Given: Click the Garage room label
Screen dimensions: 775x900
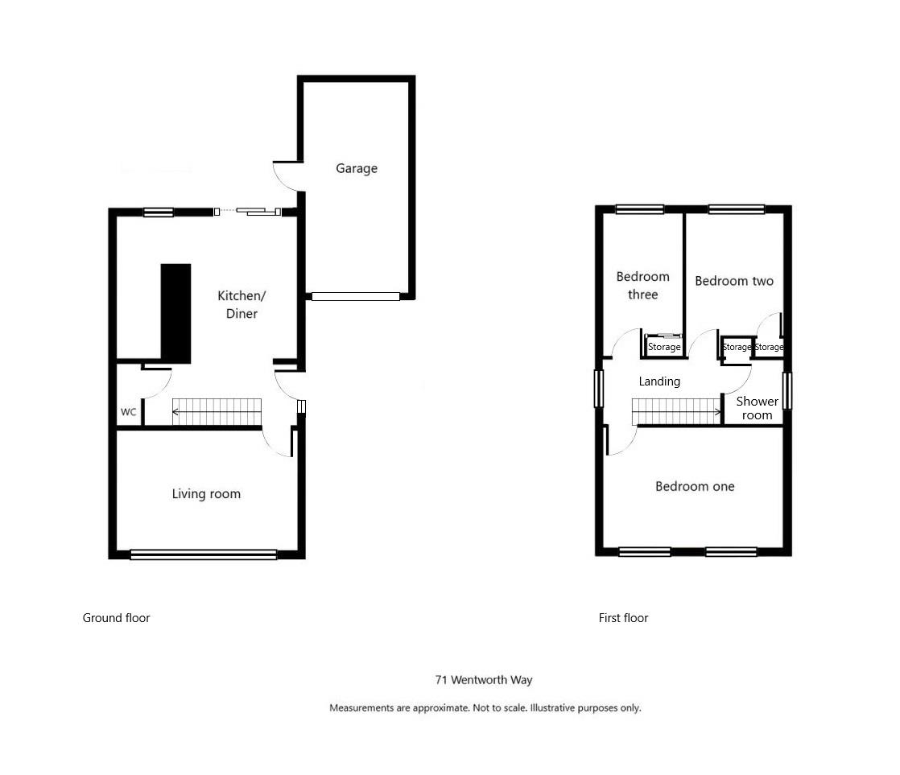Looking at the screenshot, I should pyautogui.click(x=356, y=169).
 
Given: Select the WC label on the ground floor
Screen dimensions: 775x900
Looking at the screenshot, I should pyautogui.click(x=129, y=412).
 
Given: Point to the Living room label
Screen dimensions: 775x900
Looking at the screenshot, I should pyautogui.click(x=206, y=494).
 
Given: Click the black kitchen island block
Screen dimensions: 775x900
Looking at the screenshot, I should pyautogui.click(x=176, y=313).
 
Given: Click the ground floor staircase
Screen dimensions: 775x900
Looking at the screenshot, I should pyautogui.click(x=218, y=411).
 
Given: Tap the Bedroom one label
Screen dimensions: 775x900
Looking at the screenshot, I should pyautogui.click(x=695, y=486).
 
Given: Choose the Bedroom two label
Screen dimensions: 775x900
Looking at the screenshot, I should pyautogui.click(x=733, y=281).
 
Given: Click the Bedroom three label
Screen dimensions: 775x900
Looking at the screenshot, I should pyautogui.click(x=642, y=286).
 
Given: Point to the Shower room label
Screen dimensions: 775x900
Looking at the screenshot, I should pyautogui.click(x=758, y=408).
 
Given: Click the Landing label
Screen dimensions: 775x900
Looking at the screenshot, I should pyautogui.click(x=659, y=381).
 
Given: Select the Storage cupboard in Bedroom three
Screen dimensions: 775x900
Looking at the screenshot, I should pyautogui.click(x=664, y=347).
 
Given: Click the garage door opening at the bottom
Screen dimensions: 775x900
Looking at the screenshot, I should pyautogui.click(x=355, y=296).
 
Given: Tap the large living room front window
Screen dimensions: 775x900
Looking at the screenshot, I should pyautogui.click(x=204, y=554).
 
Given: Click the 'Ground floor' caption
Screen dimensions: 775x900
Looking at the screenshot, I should pyautogui.click(x=116, y=618).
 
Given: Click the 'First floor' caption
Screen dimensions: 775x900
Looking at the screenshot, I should pyautogui.click(x=623, y=618).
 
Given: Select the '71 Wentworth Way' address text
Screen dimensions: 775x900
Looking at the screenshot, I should pyautogui.click(x=484, y=680).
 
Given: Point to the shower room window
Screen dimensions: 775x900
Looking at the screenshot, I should pyautogui.click(x=788, y=390).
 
